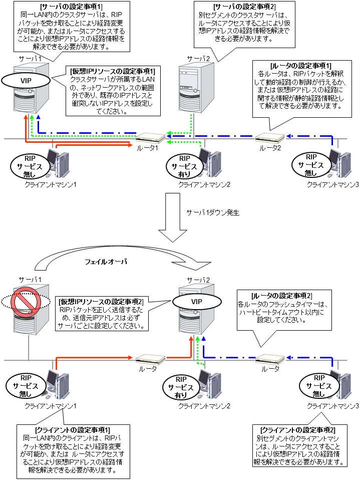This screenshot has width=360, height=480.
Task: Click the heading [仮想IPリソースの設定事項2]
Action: pos(102,302)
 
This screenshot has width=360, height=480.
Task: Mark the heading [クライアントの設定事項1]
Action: pos(73,430)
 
